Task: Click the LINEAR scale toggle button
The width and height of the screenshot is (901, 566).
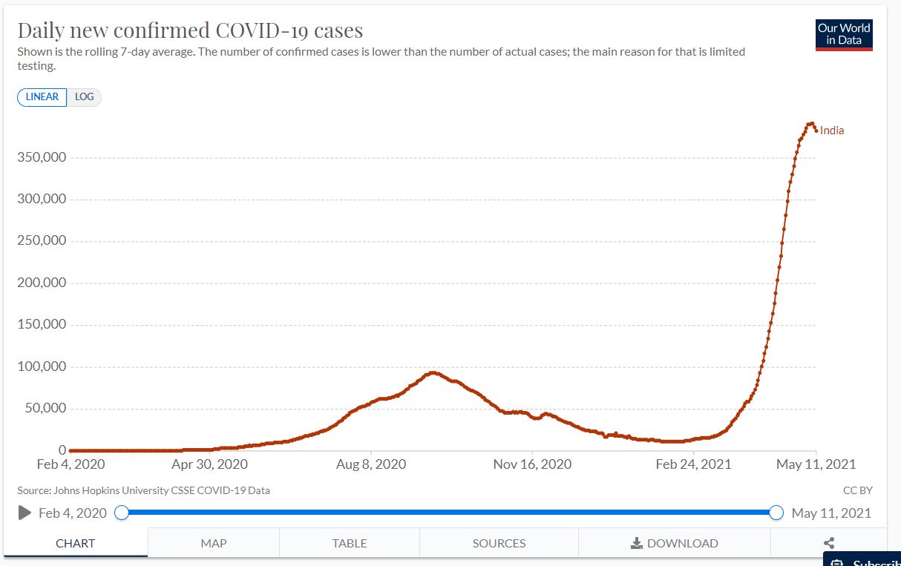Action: (42, 97)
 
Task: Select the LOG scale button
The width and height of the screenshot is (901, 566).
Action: (84, 97)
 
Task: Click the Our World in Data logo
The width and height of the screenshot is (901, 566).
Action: (844, 34)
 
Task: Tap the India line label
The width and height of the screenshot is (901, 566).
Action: (832, 131)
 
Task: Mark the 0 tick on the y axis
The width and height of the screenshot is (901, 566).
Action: (62, 450)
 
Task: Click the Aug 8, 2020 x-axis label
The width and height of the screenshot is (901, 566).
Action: (371, 464)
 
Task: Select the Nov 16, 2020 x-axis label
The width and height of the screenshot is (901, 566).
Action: (532, 464)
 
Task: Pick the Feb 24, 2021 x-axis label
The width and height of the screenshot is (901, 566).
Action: (694, 464)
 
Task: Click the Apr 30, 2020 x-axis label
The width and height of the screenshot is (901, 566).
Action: (210, 464)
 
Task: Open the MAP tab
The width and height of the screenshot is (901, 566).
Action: (214, 543)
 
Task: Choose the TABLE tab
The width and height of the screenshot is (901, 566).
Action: (350, 543)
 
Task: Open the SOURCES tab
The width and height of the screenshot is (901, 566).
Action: (499, 543)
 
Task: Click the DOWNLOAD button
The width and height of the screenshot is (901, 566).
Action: (675, 543)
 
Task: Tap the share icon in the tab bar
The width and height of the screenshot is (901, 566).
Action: (829, 543)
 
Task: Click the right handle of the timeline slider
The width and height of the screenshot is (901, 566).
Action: (776, 513)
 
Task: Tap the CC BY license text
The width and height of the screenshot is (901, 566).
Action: (857, 490)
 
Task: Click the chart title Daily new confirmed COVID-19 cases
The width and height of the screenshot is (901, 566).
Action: (190, 30)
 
